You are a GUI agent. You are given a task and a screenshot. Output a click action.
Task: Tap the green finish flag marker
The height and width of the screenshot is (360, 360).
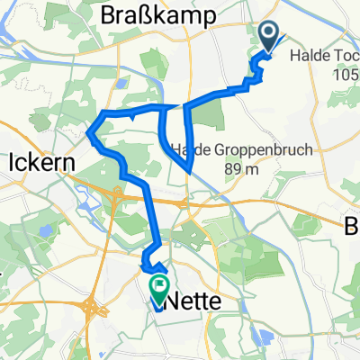point(160,289)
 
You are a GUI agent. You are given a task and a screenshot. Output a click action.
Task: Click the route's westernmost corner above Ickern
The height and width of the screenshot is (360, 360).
point(90,136)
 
